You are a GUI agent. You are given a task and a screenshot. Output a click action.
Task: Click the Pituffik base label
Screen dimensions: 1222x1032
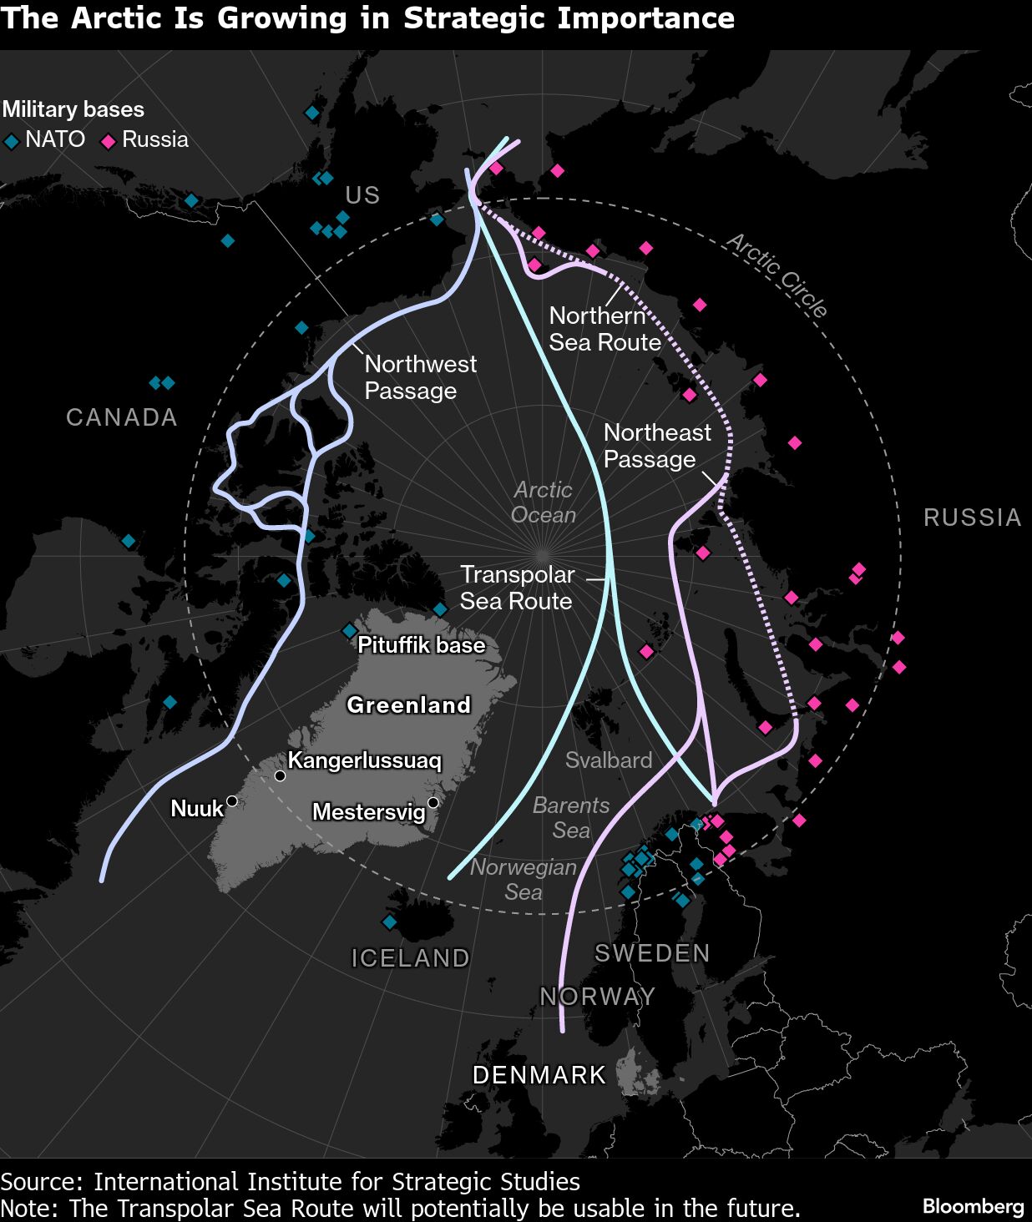[x=421, y=645]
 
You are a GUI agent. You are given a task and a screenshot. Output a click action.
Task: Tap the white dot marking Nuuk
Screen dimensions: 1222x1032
[x=232, y=801]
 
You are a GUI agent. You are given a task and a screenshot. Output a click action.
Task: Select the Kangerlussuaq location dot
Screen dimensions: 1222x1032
[x=281, y=776]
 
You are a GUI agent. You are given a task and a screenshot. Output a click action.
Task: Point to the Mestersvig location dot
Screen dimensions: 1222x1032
[x=433, y=803]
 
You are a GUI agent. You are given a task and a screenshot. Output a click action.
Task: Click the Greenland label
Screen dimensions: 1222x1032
[x=409, y=705]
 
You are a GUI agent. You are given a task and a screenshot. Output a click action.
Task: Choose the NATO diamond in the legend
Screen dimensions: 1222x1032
[x=12, y=142]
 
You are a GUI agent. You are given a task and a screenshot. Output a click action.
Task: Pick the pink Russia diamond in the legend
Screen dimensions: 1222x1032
[x=108, y=142]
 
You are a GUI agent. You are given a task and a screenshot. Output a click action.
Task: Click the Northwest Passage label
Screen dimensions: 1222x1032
[x=420, y=377]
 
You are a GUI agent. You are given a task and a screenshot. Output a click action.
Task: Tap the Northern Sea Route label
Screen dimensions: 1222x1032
[x=605, y=329]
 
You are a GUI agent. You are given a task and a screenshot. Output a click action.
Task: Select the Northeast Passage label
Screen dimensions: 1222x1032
[x=657, y=446]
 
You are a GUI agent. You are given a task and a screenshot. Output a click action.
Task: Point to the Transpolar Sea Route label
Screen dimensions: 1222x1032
[x=517, y=588]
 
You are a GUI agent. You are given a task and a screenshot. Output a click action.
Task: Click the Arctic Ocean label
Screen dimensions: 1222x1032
[x=544, y=502]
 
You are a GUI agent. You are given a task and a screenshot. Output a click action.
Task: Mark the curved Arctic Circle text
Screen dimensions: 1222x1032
[x=777, y=275]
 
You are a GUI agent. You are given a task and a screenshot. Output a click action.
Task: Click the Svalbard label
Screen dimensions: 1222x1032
[x=609, y=760]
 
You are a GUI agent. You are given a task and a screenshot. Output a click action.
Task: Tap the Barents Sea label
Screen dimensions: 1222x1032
[x=571, y=818]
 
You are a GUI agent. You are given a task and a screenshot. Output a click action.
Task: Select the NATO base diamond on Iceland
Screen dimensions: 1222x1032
[x=389, y=922]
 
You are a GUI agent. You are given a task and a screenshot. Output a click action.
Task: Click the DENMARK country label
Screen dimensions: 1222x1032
[x=539, y=1075]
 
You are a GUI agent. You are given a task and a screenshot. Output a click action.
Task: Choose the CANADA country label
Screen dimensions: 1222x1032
[x=122, y=417]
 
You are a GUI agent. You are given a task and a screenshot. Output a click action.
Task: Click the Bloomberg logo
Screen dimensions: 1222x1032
[x=973, y=1206]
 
